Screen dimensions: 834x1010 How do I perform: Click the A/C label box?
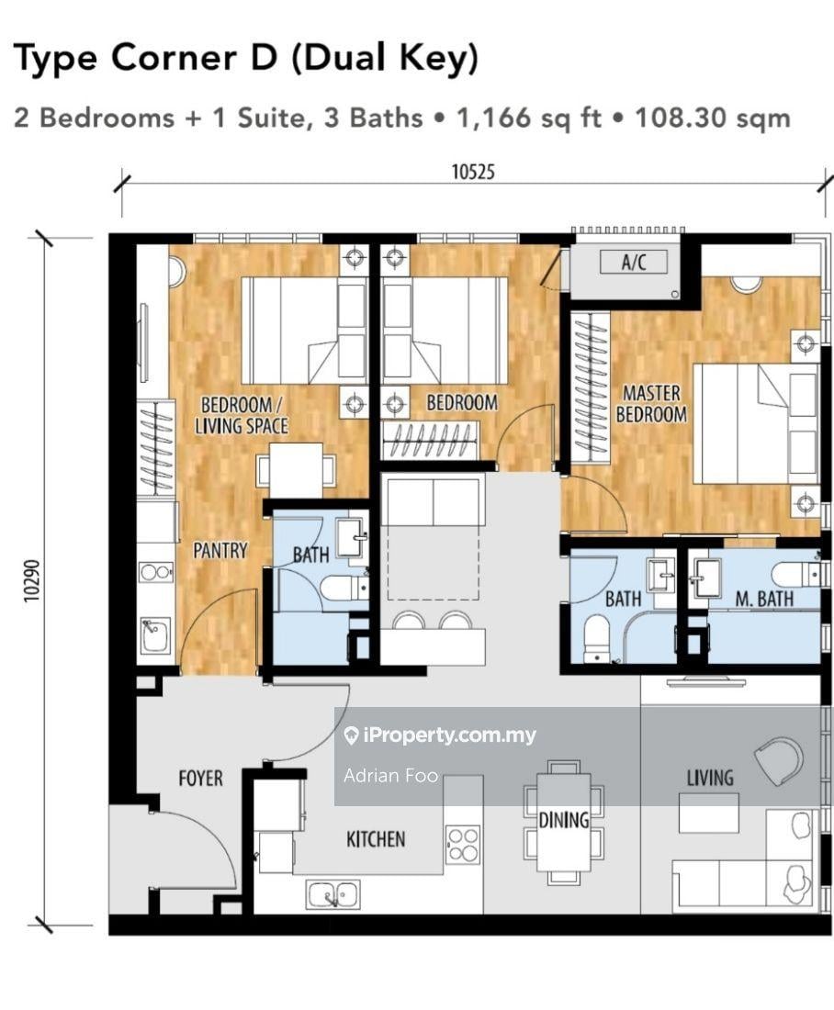coord(634,262)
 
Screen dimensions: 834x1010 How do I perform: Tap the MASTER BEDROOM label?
coord(651,403)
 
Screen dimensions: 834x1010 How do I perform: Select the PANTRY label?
coord(220,550)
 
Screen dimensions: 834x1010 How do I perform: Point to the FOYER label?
coord(200,778)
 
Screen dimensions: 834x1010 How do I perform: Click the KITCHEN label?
coord(376,838)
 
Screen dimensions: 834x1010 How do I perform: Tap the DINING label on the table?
coord(564,820)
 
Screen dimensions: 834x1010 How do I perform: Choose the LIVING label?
coord(710,778)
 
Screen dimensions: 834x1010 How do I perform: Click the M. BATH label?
coord(764,599)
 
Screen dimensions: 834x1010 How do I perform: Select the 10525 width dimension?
coord(473,172)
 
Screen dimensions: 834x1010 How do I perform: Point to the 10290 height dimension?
coord(32,581)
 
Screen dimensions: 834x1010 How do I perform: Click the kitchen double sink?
coord(332,894)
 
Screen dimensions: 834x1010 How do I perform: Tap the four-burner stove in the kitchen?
coord(463,845)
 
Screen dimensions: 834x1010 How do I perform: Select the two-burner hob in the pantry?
coord(156,571)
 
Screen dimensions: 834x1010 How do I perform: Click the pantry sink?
coord(155,635)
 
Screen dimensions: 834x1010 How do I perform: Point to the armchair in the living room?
coord(779,760)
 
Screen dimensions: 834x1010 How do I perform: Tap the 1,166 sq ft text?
coord(528,118)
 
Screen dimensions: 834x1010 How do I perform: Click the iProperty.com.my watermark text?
coord(448,735)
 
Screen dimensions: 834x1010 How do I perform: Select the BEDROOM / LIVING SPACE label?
coord(241,415)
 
